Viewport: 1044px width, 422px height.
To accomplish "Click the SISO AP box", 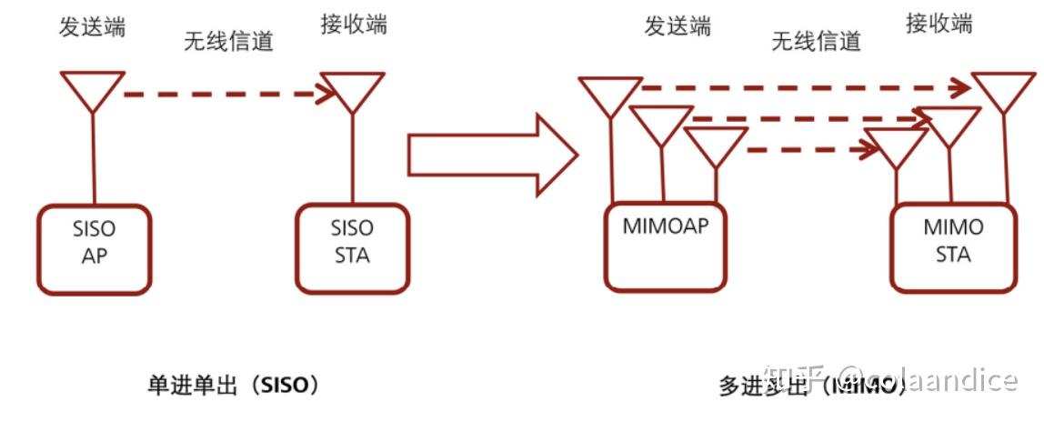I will (95, 248).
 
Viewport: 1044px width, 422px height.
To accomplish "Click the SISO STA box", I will (352, 248).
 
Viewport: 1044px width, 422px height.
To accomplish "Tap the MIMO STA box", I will (953, 246).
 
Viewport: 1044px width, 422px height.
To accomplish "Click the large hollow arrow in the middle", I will (491, 155).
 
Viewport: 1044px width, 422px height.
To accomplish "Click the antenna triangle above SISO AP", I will (92, 89).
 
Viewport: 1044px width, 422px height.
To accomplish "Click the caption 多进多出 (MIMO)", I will (809, 386).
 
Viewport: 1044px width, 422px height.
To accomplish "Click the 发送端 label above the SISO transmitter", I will (92, 26).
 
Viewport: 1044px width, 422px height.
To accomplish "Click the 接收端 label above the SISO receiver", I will (354, 24).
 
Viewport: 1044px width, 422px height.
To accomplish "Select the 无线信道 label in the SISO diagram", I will (228, 42).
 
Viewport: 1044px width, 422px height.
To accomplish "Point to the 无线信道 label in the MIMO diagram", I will (816, 41).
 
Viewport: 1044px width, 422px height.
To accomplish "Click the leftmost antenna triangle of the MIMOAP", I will (610, 93).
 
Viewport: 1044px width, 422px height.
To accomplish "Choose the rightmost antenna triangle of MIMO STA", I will (1005, 89).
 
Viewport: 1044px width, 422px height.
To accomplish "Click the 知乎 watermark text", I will (795, 377).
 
